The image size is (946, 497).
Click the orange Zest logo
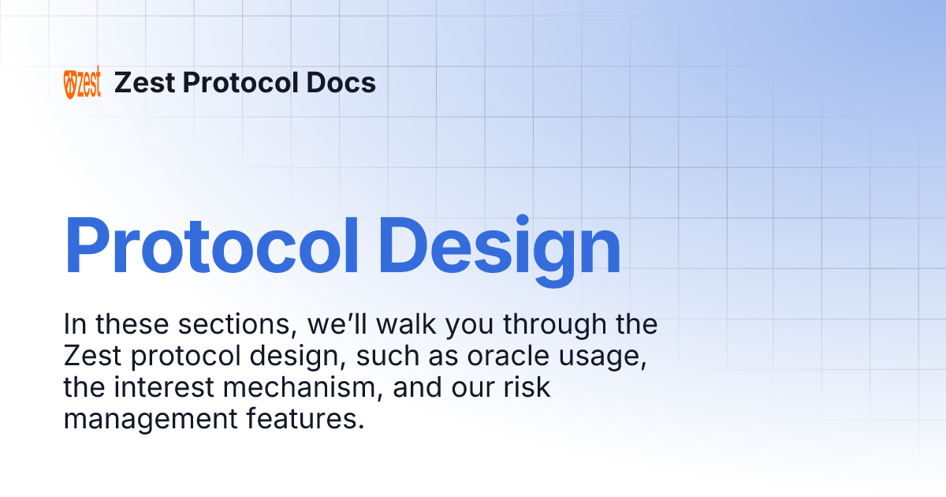tap(82, 83)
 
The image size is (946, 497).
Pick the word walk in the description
tap(423, 324)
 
